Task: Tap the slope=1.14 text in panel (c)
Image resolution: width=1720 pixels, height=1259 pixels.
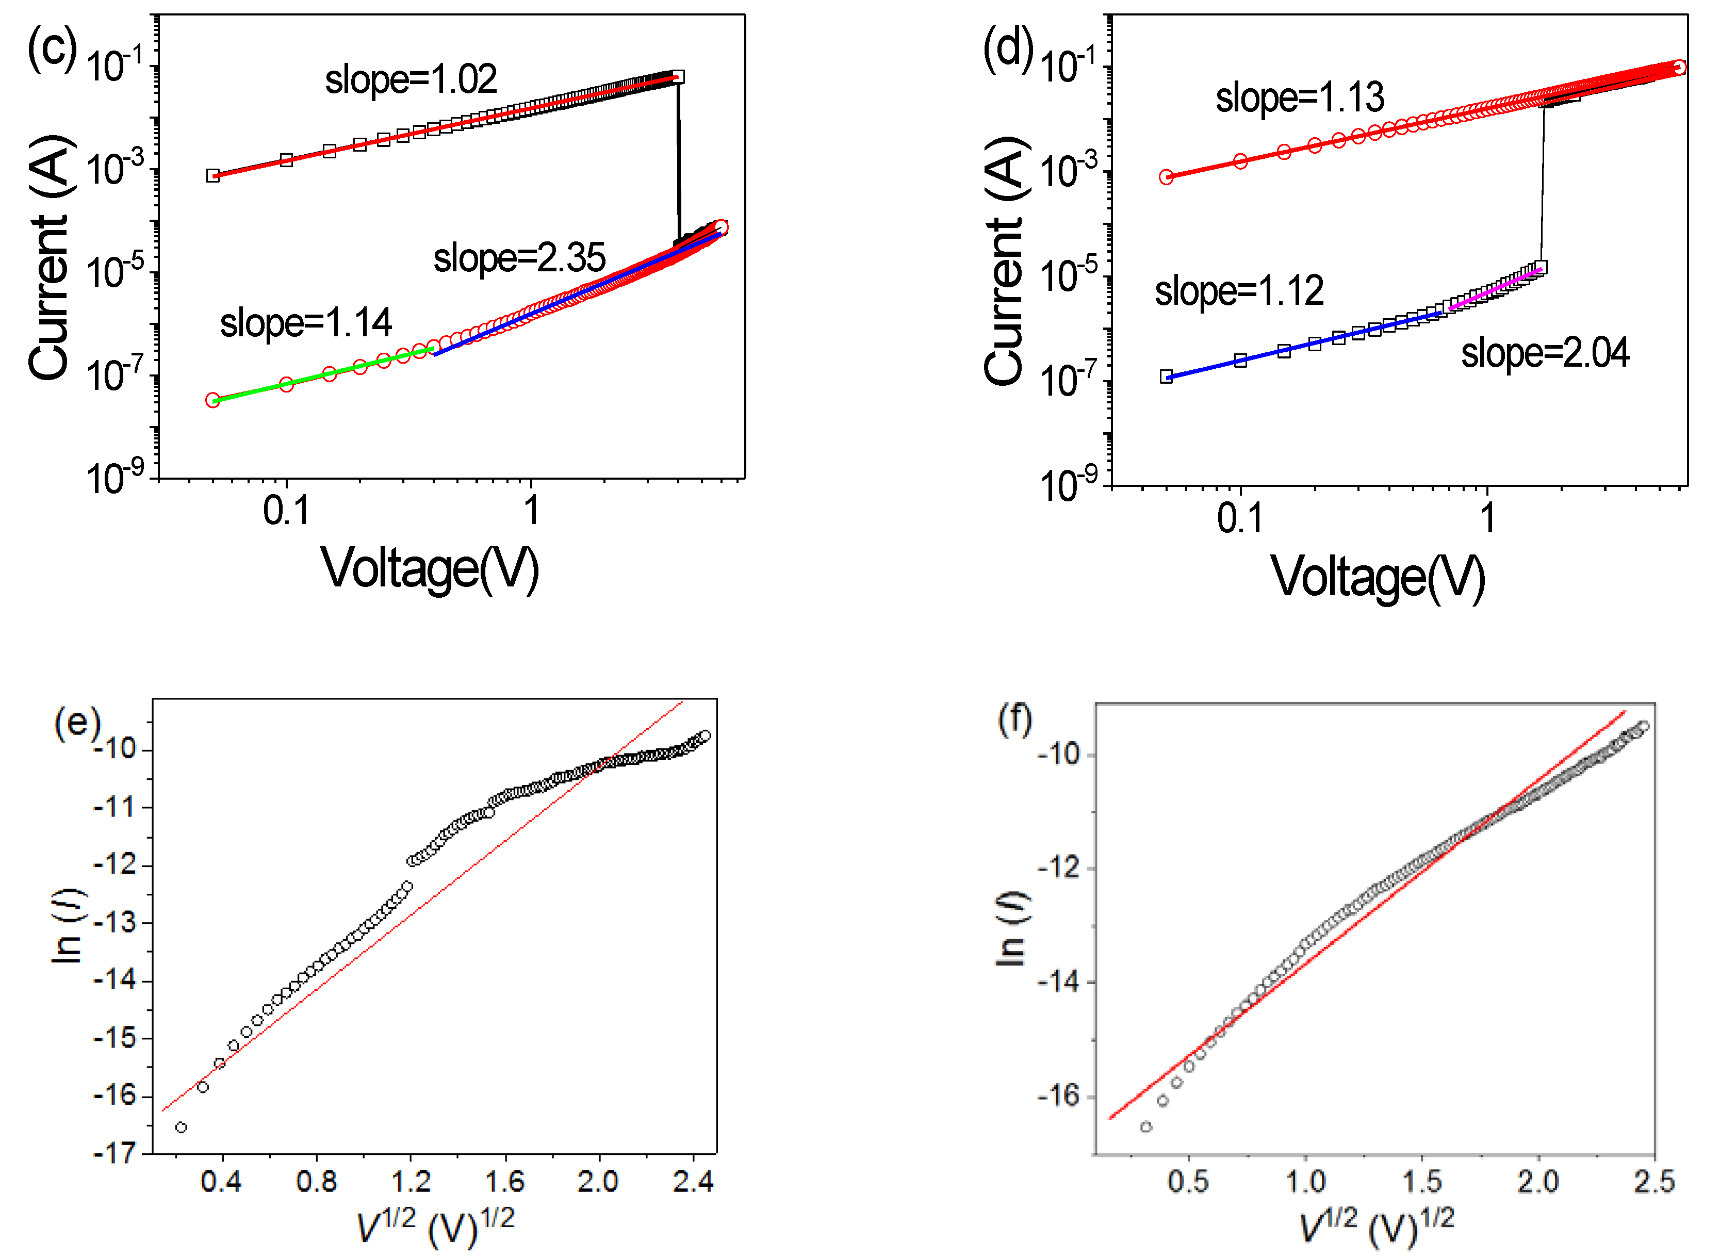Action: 306,323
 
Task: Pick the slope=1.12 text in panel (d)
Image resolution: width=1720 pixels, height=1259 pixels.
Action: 1239,291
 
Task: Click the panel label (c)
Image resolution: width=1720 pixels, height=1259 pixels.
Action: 51,47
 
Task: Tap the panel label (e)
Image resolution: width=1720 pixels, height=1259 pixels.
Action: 77,722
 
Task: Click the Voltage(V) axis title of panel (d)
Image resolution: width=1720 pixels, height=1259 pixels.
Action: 1378,577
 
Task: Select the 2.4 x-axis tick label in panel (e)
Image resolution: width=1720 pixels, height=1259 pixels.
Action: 693,1182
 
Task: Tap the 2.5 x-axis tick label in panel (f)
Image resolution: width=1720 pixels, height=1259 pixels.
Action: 1653,1182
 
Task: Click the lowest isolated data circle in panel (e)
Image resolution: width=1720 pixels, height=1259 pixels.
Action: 181,1127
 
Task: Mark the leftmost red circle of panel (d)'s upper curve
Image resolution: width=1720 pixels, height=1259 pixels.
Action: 1166,177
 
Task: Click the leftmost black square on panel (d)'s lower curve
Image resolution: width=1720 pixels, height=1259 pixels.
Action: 1166,377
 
